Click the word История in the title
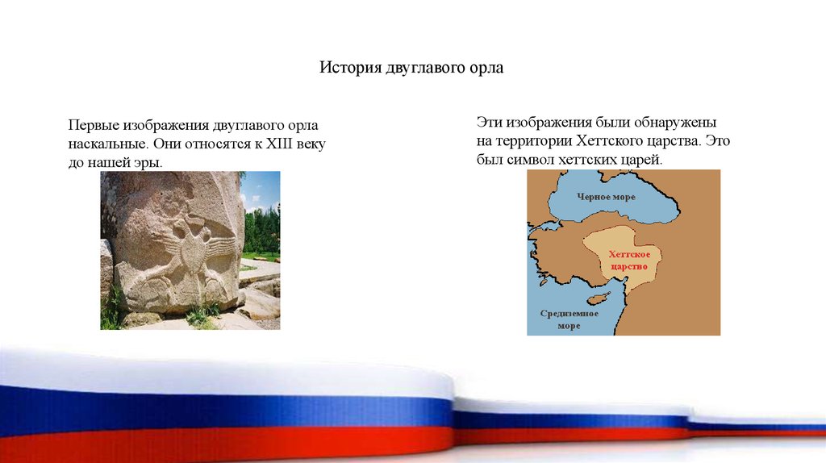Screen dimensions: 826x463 pyautogui.click(x=350, y=68)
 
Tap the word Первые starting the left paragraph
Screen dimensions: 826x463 pyautogui.click(x=94, y=125)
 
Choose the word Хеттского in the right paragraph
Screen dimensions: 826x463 pyautogui.click(x=611, y=140)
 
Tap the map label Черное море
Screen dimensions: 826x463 pyautogui.click(x=607, y=197)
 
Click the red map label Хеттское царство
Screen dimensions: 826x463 pyautogui.click(x=629, y=261)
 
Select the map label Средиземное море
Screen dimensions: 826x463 pyautogui.click(x=569, y=319)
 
